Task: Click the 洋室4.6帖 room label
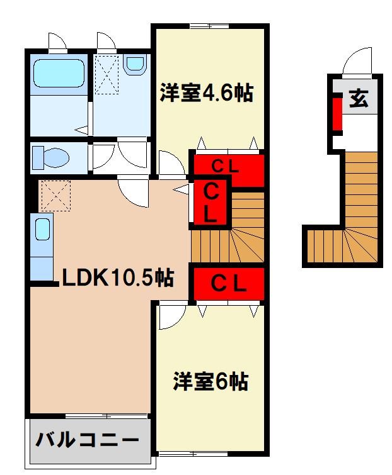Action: click(205, 94)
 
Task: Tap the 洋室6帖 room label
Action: click(210, 381)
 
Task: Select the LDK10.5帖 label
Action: click(118, 277)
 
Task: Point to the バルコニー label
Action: click(87, 440)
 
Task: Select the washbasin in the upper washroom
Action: click(134, 64)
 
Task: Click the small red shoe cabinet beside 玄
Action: click(337, 111)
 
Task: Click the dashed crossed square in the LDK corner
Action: click(54, 195)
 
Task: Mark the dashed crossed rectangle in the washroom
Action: click(107, 74)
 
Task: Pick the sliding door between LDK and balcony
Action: click(107, 415)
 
